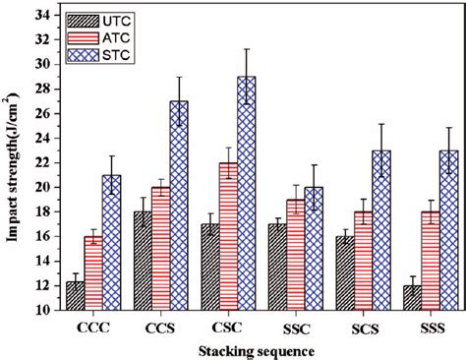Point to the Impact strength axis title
(x=14, y=162)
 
